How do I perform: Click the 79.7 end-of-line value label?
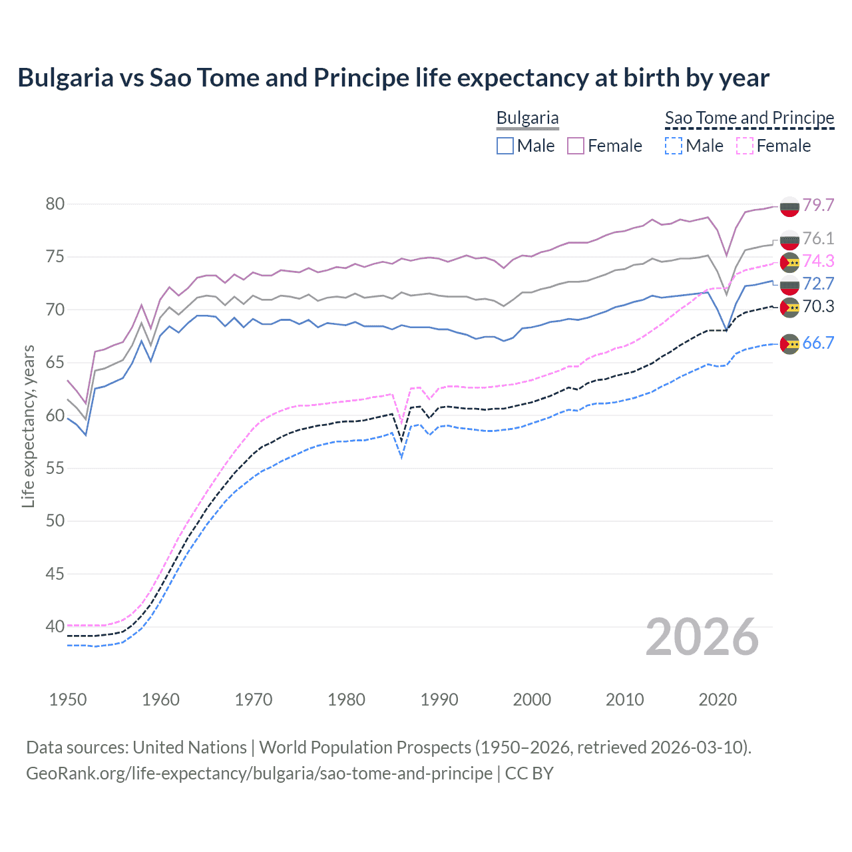pyautogui.click(x=818, y=205)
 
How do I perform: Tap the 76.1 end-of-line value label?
pyautogui.click(x=818, y=238)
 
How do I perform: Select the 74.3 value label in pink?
pyautogui.click(x=818, y=261)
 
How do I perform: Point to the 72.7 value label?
pyautogui.click(x=818, y=284)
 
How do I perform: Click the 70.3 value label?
pyautogui.click(x=818, y=306)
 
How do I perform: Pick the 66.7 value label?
pyautogui.click(x=818, y=343)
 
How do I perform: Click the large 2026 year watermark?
pyautogui.click(x=702, y=637)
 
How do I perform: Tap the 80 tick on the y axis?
pyautogui.click(x=55, y=204)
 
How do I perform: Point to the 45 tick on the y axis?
pyautogui.click(x=55, y=574)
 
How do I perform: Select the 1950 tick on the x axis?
pyautogui.click(x=68, y=700)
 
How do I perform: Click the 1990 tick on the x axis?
pyautogui.click(x=439, y=700)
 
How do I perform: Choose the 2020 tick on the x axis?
pyautogui.click(x=718, y=700)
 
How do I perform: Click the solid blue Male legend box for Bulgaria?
pyautogui.click(x=505, y=146)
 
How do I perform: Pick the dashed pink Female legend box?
pyautogui.click(x=745, y=146)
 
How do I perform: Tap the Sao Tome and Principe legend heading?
pyautogui.click(x=749, y=118)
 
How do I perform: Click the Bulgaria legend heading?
pyautogui.click(x=528, y=118)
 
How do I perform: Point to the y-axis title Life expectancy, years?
pyautogui.click(x=28, y=426)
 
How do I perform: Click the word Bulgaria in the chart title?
pyautogui.click(x=65, y=78)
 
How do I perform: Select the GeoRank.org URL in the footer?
pyautogui.click(x=259, y=773)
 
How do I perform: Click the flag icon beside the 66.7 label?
pyautogui.click(x=789, y=343)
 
